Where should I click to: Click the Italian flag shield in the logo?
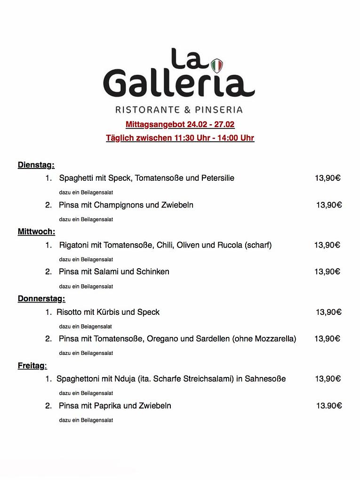pos(216,65)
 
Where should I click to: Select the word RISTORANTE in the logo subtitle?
pos(147,110)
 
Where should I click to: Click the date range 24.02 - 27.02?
pos(210,125)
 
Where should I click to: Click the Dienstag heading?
pos(36,165)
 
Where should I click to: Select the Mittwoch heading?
pos(36,232)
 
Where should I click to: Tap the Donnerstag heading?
pos(41,298)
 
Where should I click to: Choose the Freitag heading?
pos(32,366)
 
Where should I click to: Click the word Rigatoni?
pos(74,245)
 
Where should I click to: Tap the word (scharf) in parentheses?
pos(258,245)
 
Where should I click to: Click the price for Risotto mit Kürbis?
pos(328,312)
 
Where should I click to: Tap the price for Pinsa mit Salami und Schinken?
pos(327,272)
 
